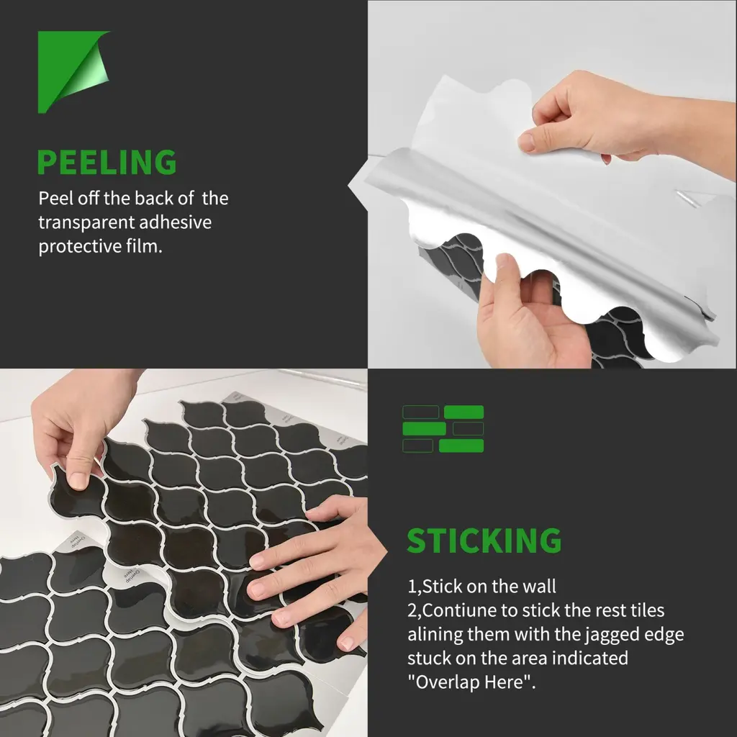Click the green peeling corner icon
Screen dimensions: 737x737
pos(71,71)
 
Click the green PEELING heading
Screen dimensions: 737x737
pos(107,162)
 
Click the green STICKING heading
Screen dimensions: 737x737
pos(484,541)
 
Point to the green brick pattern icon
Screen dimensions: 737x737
pos(443,429)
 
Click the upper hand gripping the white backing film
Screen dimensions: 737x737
pos(611,123)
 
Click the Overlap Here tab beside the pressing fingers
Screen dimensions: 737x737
pos(132,574)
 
